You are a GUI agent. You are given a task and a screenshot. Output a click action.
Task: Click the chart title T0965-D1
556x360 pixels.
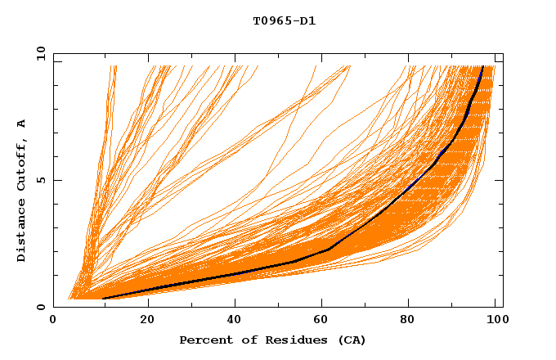point(284,20)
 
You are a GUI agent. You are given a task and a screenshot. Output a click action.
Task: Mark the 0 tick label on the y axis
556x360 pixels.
point(41,308)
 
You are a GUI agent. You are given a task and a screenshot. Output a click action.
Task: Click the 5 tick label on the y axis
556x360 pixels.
point(41,180)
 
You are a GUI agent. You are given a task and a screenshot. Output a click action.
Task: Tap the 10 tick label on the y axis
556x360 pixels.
point(38,52)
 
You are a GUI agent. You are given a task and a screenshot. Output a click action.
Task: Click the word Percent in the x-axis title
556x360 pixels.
point(204,340)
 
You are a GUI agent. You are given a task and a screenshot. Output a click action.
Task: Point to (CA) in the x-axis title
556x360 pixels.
point(352,340)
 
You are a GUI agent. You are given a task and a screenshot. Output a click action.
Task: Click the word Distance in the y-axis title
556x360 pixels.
point(22,232)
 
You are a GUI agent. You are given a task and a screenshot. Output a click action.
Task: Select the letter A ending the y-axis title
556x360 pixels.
point(22,124)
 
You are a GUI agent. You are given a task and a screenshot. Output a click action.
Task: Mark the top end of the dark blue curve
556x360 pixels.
point(483,66)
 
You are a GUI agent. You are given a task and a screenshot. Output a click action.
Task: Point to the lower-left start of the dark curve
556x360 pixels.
point(103,299)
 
